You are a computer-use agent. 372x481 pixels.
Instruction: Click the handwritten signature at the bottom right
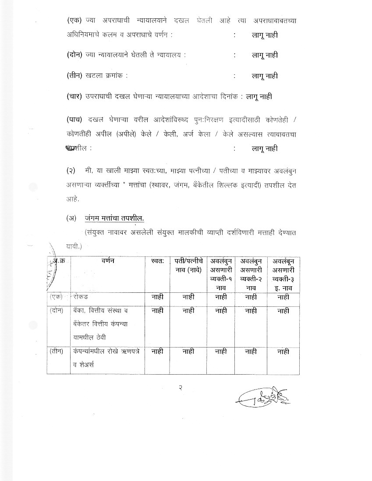tap(263, 397)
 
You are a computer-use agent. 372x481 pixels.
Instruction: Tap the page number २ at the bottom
tap(180, 387)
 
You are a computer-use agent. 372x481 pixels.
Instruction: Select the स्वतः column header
tap(157, 261)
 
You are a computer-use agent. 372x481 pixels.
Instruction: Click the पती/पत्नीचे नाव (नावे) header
tap(188, 265)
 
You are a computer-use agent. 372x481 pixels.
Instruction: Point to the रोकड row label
tap(81, 297)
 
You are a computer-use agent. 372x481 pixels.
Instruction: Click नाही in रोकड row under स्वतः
tap(157, 297)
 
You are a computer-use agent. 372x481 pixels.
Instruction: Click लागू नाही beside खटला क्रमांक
tap(265, 76)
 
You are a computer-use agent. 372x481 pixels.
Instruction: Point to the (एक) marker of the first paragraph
tap(74, 21)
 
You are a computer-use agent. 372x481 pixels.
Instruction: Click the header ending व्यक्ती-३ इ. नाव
tap(283, 274)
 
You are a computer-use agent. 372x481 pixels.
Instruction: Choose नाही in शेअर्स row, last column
tap(283, 351)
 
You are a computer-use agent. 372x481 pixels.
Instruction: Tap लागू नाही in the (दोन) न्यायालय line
tap(265, 55)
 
